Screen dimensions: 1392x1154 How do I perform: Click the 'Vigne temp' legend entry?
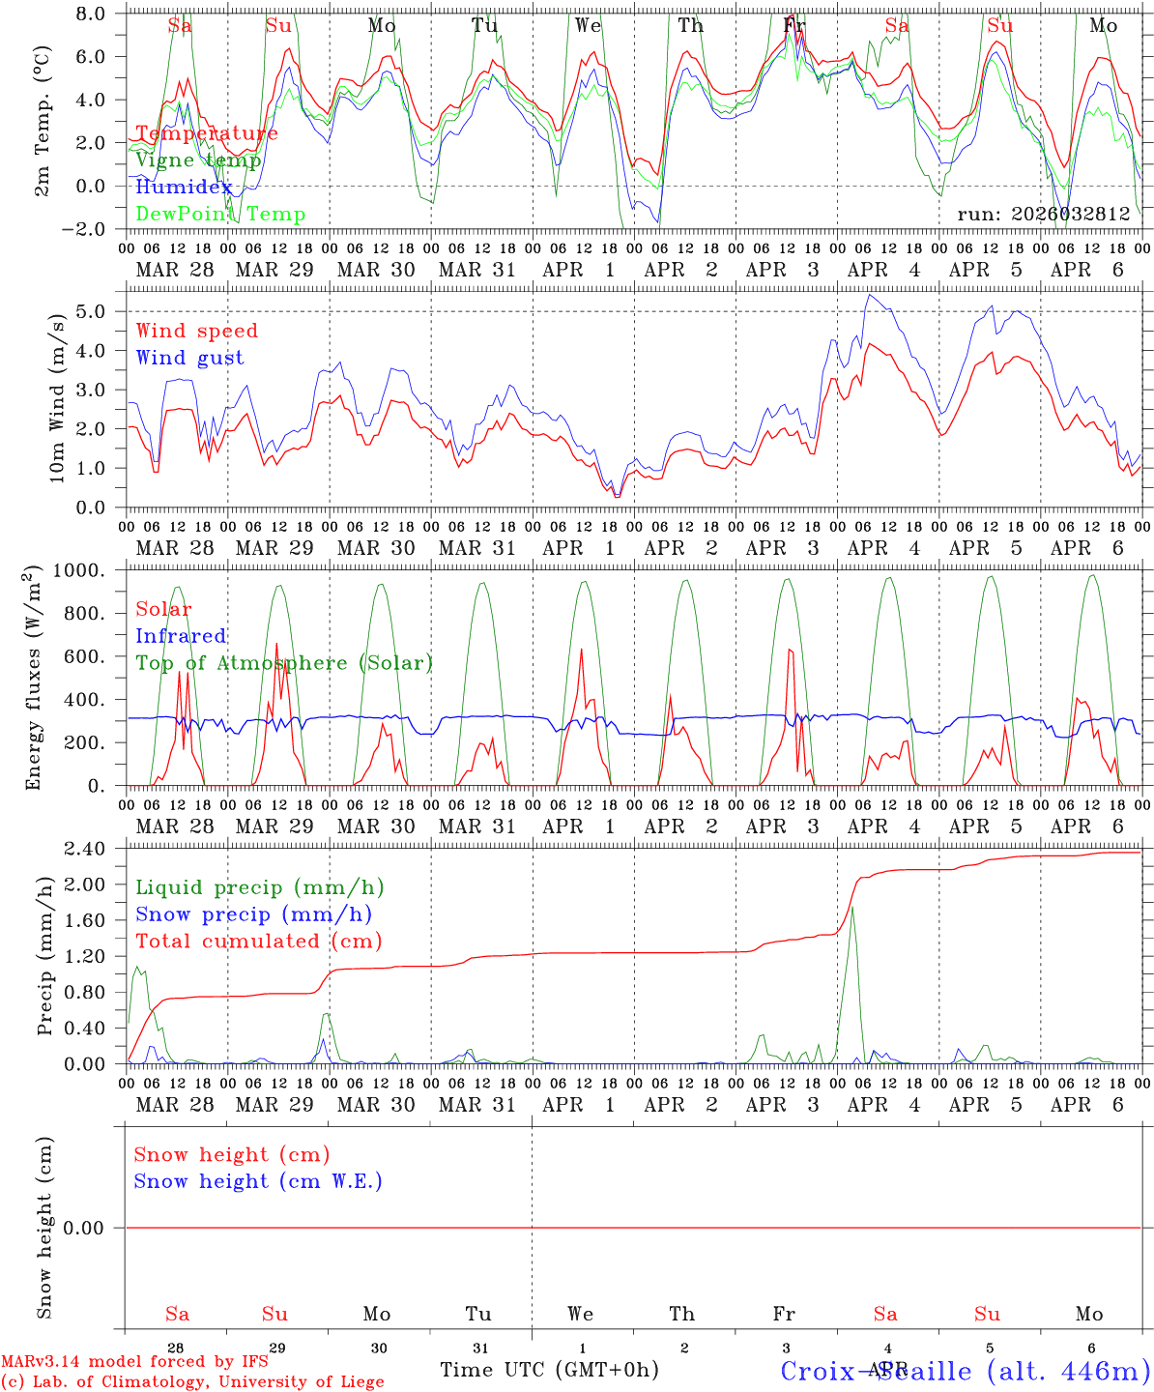pyautogui.click(x=198, y=160)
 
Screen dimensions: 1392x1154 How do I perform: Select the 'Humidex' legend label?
pyautogui.click(x=184, y=188)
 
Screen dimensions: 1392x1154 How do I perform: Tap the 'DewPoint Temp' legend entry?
pyautogui.click(x=220, y=215)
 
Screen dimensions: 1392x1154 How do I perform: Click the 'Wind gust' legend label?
pyautogui.click(x=189, y=358)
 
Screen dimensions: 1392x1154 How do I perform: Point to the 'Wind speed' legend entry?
pyautogui.click(x=197, y=331)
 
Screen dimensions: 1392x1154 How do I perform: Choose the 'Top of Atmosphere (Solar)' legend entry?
pyautogui.click(x=284, y=663)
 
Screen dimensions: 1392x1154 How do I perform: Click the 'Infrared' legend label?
pyautogui.click(x=181, y=636)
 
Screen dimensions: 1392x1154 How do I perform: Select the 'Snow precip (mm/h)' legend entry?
pyautogui.click(x=254, y=914)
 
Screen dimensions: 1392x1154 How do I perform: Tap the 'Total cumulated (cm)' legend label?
pyautogui.click(x=259, y=942)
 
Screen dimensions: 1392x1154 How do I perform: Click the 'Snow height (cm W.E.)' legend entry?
pyautogui.click(x=258, y=1181)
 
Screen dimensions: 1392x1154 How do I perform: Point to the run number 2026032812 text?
pyautogui.click(x=1044, y=215)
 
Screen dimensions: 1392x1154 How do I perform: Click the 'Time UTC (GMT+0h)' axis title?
pyautogui.click(x=549, y=1370)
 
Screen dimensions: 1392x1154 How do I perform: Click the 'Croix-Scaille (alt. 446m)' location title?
pyautogui.click(x=965, y=1371)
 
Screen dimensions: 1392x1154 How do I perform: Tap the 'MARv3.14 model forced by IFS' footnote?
pyautogui.click(x=134, y=1362)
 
